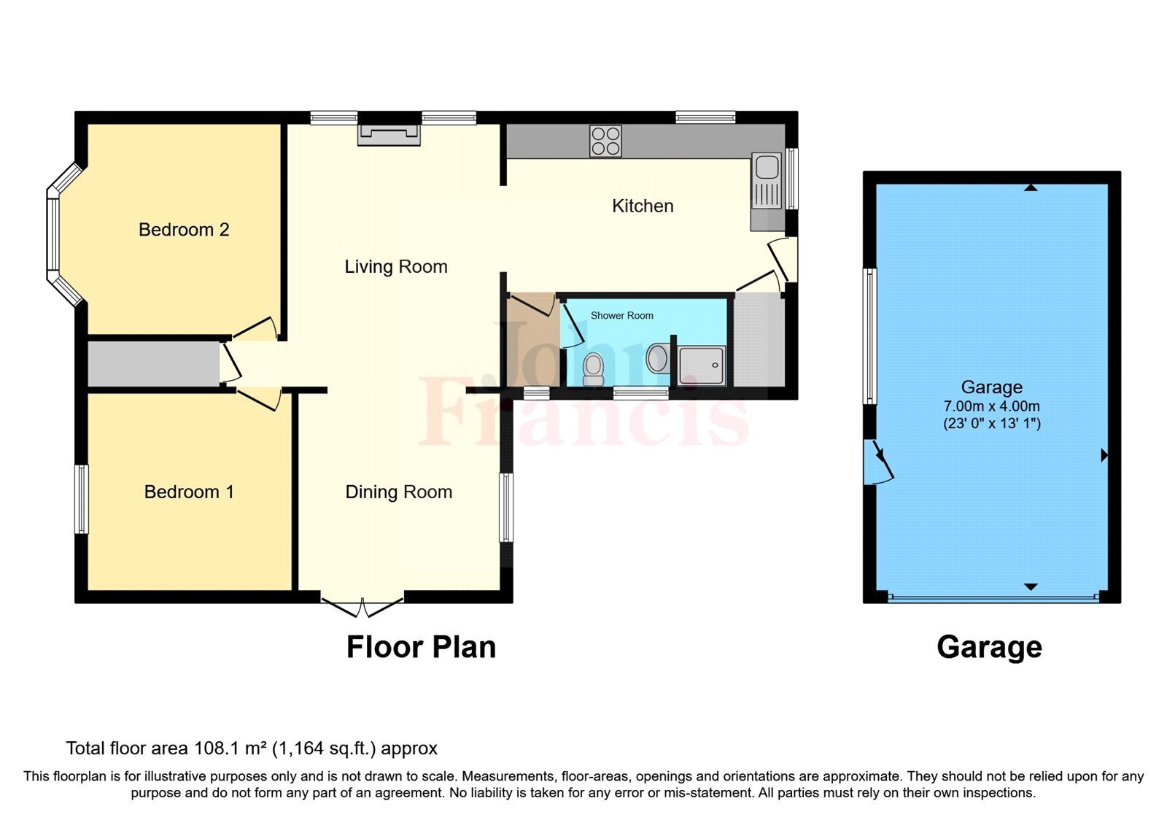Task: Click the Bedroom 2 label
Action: pos(184,230)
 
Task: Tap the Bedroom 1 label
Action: pos(189,492)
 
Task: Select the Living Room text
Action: pos(396,267)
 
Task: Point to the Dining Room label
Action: pos(399,492)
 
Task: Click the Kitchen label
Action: pos(643,206)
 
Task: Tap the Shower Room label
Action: pos(621,316)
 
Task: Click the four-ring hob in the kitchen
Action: pos(605,141)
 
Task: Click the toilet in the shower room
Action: pos(594,368)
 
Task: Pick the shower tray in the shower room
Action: pos(702,365)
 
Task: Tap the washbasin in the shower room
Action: pos(657,358)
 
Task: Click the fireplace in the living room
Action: pos(389,134)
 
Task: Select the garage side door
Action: pos(877,463)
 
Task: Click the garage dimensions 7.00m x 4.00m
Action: pos(992,406)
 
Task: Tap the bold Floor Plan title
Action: pos(421,647)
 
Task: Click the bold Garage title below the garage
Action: pos(989,647)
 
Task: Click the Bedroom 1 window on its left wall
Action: pos(82,499)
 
